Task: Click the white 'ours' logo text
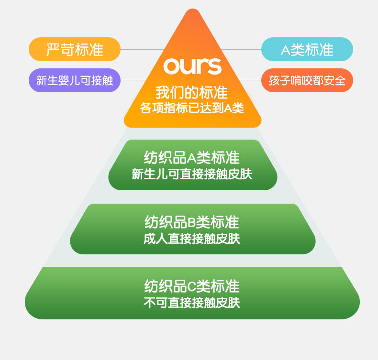tap(192, 66)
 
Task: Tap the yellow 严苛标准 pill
tap(75, 49)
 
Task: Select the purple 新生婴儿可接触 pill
tap(75, 80)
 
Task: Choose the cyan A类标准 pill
tap(307, 49)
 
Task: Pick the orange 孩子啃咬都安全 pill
tap(307, 80)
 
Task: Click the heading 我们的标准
tap(192, 92)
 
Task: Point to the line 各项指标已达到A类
tap(192, 108)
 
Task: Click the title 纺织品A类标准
tap(192, 157)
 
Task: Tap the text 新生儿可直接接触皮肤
tap(192, 174)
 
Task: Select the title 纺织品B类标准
tap(192, 222)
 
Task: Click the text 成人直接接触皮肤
tap(192, 239)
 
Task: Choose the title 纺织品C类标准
tap(192, 286)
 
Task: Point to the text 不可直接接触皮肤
tap(192, 303)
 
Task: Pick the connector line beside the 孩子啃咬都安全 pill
tap(249, 80)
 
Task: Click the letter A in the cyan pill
tap(285, 50)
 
